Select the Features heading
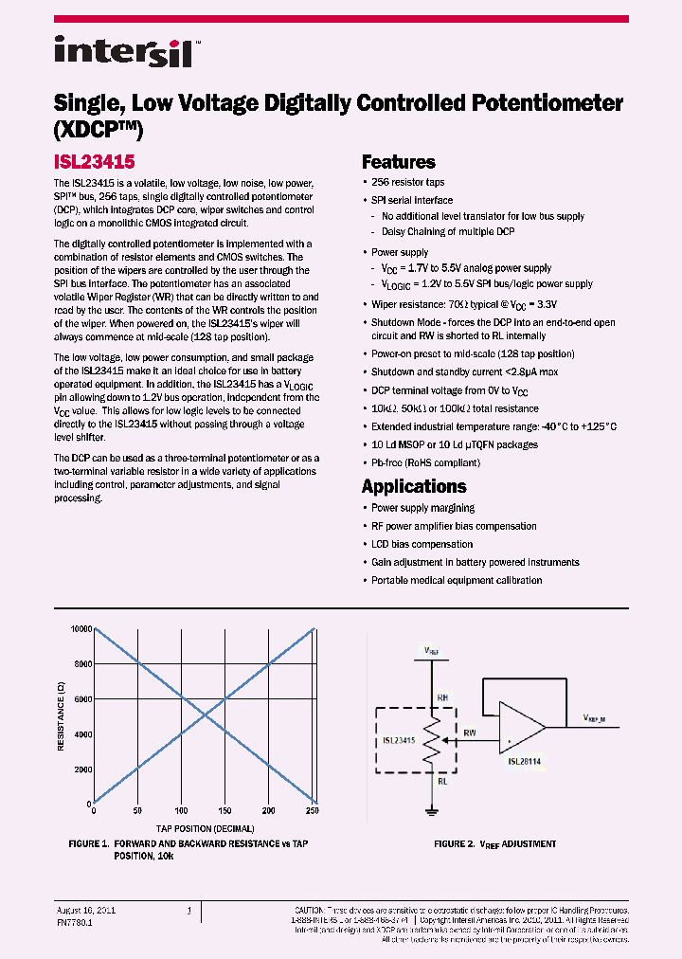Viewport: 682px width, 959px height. pyautogui.click(x=398, y=162)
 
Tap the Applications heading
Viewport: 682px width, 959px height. pyautogui.click(x=414, y=486)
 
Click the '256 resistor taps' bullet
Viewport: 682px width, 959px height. pyautogui.click(x=407, y=182)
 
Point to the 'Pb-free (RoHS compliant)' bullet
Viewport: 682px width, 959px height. pyautogui.click(x=425, y=462)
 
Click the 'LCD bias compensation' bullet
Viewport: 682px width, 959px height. pyautogui.click(x=422, y=544)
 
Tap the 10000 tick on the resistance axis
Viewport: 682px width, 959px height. pyautogui.click(x=80, y=629)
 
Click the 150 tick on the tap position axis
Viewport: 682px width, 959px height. pyautogui.click(x=224, y=811)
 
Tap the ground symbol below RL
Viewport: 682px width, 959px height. pyautogui.click(x=432, y=808)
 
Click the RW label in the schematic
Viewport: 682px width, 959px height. pyautogui.click(x=471, y=733)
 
